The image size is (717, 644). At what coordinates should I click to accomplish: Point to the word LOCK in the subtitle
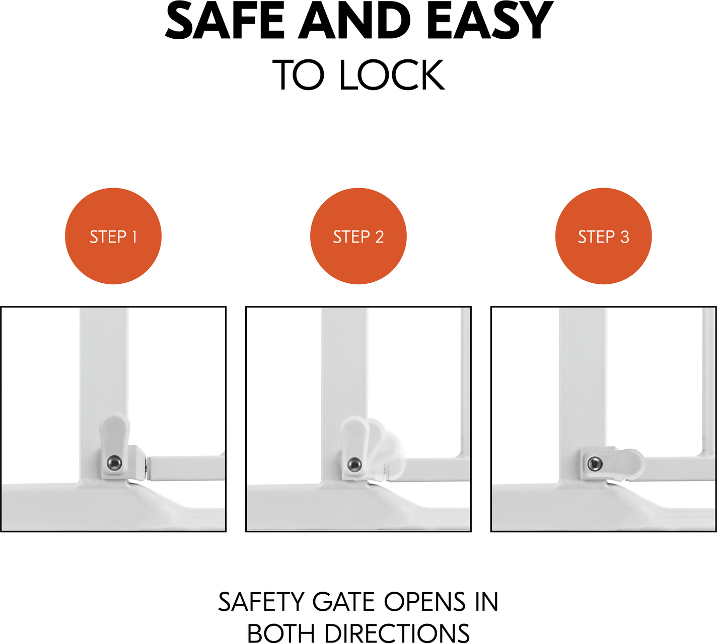pos(392,75)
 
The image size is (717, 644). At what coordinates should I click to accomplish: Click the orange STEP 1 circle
pos(113,236)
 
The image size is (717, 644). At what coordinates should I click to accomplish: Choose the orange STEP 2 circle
pos(358,236)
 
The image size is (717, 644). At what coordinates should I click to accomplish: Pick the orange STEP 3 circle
pos(603,236)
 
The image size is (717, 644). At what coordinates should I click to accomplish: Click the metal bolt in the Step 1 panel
pos(114,463)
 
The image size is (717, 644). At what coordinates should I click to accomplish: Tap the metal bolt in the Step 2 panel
pos(354,464)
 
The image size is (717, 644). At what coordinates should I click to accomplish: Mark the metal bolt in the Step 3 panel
pos(595,464)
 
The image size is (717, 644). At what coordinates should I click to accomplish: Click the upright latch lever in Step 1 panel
pos(114,445)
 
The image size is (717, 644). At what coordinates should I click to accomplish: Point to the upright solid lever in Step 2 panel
pos(355,446)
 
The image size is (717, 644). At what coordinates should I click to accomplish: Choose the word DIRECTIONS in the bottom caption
pos(397,633)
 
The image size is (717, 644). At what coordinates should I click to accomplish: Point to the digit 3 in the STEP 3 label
pos(624,237)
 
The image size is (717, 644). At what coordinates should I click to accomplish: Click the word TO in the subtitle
pos(299,75)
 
